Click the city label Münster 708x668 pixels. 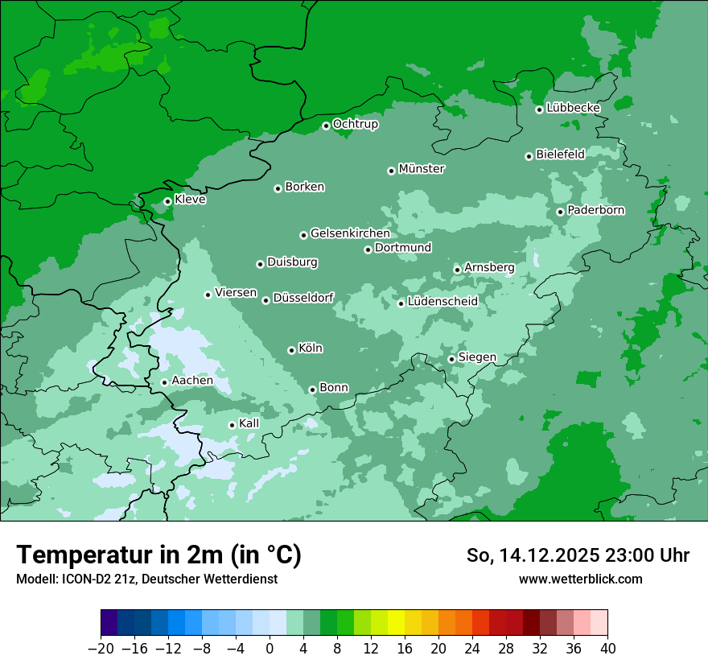tap(422, 169)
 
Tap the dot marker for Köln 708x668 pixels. tap(291, 350)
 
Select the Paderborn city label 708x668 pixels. tap(595, 210)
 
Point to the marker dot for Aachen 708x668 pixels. tap(164, 382)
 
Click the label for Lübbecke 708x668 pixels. tap(573, 108)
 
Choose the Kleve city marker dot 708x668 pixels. tap(167, 201)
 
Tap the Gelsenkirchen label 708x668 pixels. tap(350, 233)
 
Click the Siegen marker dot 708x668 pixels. tap(451, 359)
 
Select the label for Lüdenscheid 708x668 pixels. tap(442, 302)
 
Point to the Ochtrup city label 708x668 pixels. tap(355, 124)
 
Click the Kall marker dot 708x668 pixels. tap(232, 425)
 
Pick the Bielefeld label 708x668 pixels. tap(560, 154)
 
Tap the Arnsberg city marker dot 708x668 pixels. tap(457, 270)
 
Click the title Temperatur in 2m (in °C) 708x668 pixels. tap(158, 555)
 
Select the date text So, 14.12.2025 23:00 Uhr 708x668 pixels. tap(578, 555)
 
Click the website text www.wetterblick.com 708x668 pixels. tap(580, 579)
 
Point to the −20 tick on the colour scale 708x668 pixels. tap(101, 649)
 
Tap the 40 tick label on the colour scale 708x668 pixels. tap(607, 649)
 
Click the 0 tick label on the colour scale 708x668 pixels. tap(270, 649)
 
